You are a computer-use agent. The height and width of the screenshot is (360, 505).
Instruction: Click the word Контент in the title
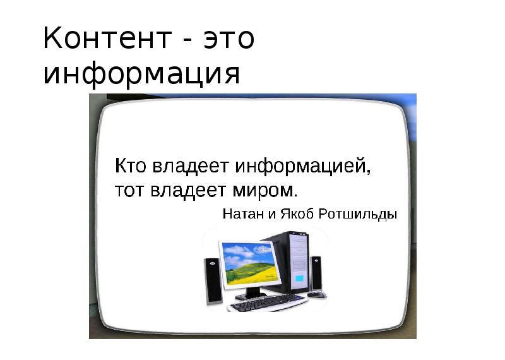pyautogui.click(x=107, y=38)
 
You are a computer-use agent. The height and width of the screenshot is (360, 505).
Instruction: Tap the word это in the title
pyautogui.click(x=229, y=39)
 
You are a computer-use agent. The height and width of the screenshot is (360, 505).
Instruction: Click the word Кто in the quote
pyautogui.click(x=131, y=165)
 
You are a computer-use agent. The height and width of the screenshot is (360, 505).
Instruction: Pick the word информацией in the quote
pyautogui.click(x=303, y=167)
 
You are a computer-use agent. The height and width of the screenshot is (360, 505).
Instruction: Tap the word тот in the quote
pyautogui.click(x=129, y=191)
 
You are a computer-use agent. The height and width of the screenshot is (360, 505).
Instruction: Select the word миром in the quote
pyautogui.click(x=263, y=191)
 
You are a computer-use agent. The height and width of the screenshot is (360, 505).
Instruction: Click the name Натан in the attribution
pyautogui.click(x=243, y=213)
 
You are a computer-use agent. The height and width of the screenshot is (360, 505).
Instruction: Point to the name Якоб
pyautogui.click(x=297, y=213)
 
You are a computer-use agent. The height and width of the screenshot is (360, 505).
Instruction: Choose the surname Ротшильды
pyautogui.click(x=357, y=214)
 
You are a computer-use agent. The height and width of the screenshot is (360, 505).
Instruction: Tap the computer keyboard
pyautogui.click(x=268, y=302)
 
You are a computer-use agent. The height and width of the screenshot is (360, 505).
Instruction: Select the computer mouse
pyautogui.click(x=317, y=294)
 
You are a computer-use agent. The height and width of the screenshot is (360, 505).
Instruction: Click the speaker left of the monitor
pyautogui.click(x=213, y=280)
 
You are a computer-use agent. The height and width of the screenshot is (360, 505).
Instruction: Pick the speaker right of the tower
pyautogui.click(x=316, y=273)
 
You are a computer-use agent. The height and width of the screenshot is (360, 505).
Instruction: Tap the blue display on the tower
pyautogui.click(x=300, y=278)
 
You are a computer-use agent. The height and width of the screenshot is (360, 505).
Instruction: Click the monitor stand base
pyautogui.click(x=251, y=295)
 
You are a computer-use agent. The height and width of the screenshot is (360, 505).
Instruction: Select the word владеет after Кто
pyautogui.click(x=191, y=167)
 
